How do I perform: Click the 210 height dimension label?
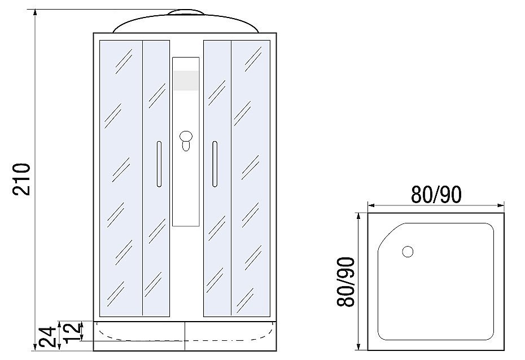pos(21,179)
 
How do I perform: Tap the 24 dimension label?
pos(47,337)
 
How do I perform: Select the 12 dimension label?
pos(71,332)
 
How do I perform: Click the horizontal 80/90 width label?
pos(436,194)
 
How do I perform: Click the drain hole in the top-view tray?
pos(407,252)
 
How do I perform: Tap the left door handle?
pos(159,164)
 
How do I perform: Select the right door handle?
pos(215,164)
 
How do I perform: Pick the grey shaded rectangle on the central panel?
pos(186,81)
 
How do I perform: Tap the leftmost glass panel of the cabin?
pos(120,178)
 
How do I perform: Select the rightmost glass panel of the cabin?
pos(250,178)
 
